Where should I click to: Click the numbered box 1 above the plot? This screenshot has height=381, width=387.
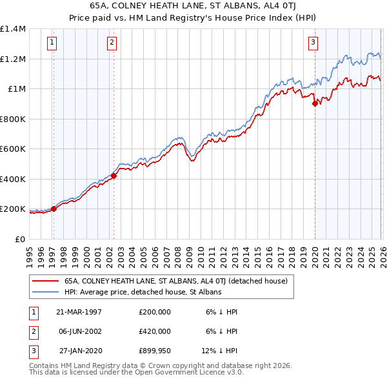(x=52, y=43)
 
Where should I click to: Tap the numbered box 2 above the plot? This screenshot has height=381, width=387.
(x=112, y=43)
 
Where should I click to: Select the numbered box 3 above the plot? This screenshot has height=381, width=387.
(x=313, y=43)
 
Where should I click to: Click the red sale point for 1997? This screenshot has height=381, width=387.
(x=54, y=209)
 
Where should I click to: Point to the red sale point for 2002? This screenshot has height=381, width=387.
(x=114, y=176)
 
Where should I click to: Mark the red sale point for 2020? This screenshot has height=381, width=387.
(x=315, y=103)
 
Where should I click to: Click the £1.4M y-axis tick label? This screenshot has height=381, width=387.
(x=13, y=29)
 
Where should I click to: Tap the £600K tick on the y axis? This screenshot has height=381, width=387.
(x=13, y=149)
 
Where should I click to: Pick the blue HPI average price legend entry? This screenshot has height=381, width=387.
(x=143, y=292)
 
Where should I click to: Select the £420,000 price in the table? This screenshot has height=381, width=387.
(x=154, y=331)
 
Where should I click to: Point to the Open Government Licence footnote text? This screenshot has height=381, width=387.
(x=136, y=372)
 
